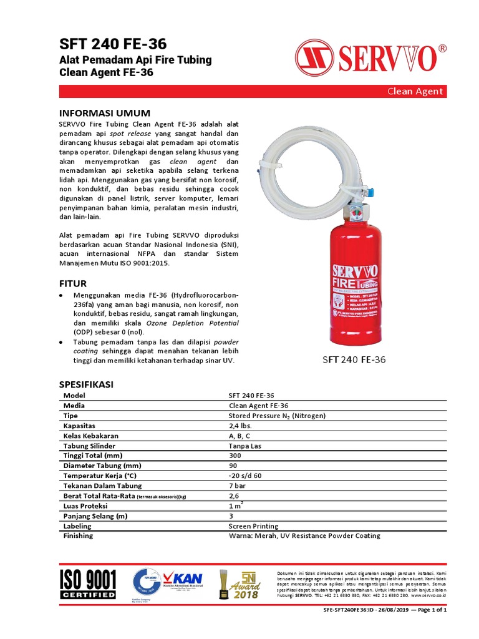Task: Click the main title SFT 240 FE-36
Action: [x=113, y=44]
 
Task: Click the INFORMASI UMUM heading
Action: [x=104, y=113]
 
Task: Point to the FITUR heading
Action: [x=72, y=283]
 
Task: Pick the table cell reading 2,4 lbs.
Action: [x=241, y=426]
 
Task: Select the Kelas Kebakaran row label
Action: [x=91, y=436]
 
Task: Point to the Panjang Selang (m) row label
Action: [x=95, y=516]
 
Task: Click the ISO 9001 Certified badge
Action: [x=88, y=583]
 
